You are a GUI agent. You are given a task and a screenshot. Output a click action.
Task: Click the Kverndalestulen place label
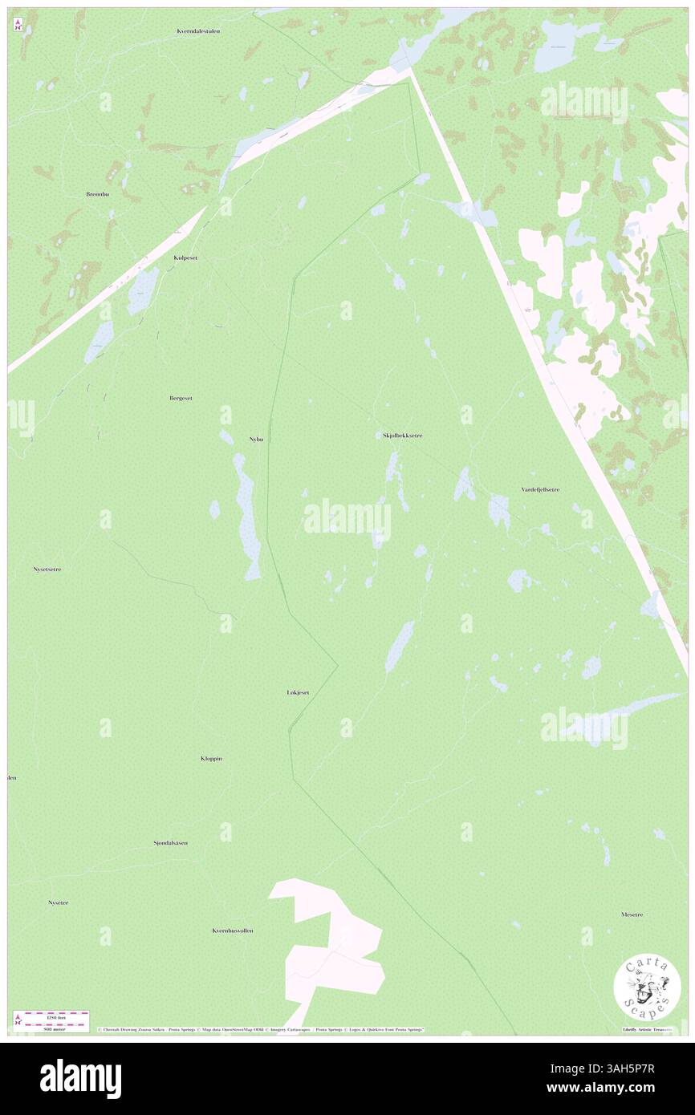(x=198, y=31)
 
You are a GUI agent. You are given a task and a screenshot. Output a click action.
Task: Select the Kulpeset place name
(x=185, y=258)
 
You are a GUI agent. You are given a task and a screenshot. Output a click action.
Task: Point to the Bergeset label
(x=181, y=398)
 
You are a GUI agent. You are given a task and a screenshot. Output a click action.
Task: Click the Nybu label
(x=256, y=440)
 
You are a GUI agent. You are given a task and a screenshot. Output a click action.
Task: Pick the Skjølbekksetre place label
(x=397, y=436)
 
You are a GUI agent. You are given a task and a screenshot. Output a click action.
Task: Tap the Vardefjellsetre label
(x=540, y=489)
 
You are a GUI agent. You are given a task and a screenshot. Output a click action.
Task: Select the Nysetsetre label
(x=47, y=569)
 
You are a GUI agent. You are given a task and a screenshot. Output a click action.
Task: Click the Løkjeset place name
(x=298, y=692)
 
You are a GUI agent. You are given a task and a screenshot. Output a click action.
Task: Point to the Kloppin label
(x=211, y=758)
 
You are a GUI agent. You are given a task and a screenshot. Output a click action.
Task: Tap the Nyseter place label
(x=58, y=902)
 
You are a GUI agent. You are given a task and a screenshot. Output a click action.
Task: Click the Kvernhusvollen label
(x=233, y=931)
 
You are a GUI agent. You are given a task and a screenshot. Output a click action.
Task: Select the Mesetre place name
(x=632, y=914)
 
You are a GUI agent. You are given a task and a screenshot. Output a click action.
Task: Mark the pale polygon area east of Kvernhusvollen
(x=333, y=943)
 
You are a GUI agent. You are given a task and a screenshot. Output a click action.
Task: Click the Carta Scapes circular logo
(x=647, y=986)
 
